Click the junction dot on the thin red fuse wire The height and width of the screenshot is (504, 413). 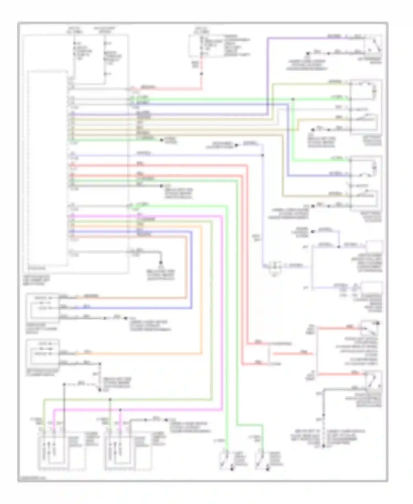[x=202, y=74]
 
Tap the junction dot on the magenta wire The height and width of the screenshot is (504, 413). [x=120, y=410]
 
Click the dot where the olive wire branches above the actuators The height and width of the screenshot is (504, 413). [x=110, y=399]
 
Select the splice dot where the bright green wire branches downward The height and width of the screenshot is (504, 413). [x=293, y=99]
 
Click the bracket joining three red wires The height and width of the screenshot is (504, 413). [x=269, y=354]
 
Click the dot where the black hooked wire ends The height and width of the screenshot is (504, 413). [x=161, y=263]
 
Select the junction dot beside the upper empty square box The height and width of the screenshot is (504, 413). [x=339, y=247]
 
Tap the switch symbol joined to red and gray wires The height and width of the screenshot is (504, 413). [x=373, y=380]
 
